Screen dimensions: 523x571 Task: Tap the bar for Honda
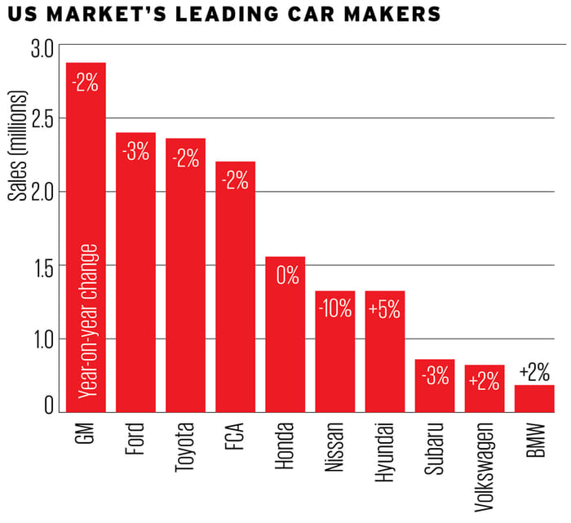(x=285, y=343)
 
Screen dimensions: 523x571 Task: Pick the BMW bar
(x=534, y=399)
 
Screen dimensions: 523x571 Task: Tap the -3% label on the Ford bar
(x=135, y=152)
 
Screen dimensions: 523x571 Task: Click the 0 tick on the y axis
(x=48, y=405)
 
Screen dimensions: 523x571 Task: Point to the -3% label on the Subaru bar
(x=434, y=379)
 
